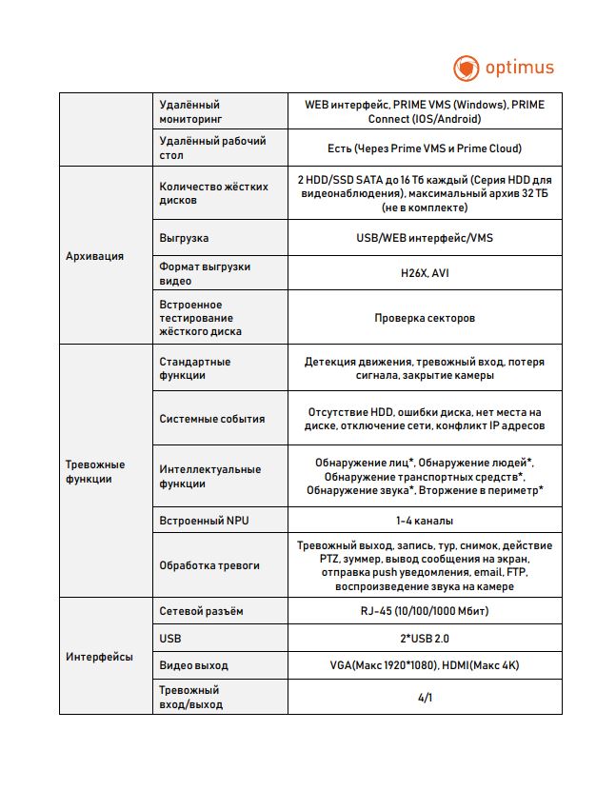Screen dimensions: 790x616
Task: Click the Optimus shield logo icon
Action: coord(466,69)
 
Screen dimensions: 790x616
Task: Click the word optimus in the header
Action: coord(520,69)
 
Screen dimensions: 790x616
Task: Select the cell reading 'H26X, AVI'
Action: coord(425,274)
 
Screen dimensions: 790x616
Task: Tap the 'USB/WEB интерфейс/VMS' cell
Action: coord(425,238)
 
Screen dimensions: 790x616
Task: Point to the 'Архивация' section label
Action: coord(94,256)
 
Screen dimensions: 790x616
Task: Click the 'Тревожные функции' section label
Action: coord(94,471)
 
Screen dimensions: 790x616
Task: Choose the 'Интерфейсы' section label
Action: coord(99,657)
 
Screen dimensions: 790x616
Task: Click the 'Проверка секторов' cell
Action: coord(425,318)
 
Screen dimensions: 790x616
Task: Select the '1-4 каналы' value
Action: coord(425,521)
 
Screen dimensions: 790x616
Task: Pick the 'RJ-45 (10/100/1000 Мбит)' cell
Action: coord(425,610)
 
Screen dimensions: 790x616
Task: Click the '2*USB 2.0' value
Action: coord(425,638)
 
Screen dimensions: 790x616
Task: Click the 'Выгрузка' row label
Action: coord(184,238)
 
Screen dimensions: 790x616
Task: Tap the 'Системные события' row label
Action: coord(212,419)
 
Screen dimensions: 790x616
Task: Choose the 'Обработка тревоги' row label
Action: coord(209,565)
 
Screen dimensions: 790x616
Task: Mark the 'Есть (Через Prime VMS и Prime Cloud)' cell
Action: coord(425,148)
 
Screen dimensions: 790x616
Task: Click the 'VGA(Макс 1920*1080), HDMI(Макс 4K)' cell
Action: coord(425,664)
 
